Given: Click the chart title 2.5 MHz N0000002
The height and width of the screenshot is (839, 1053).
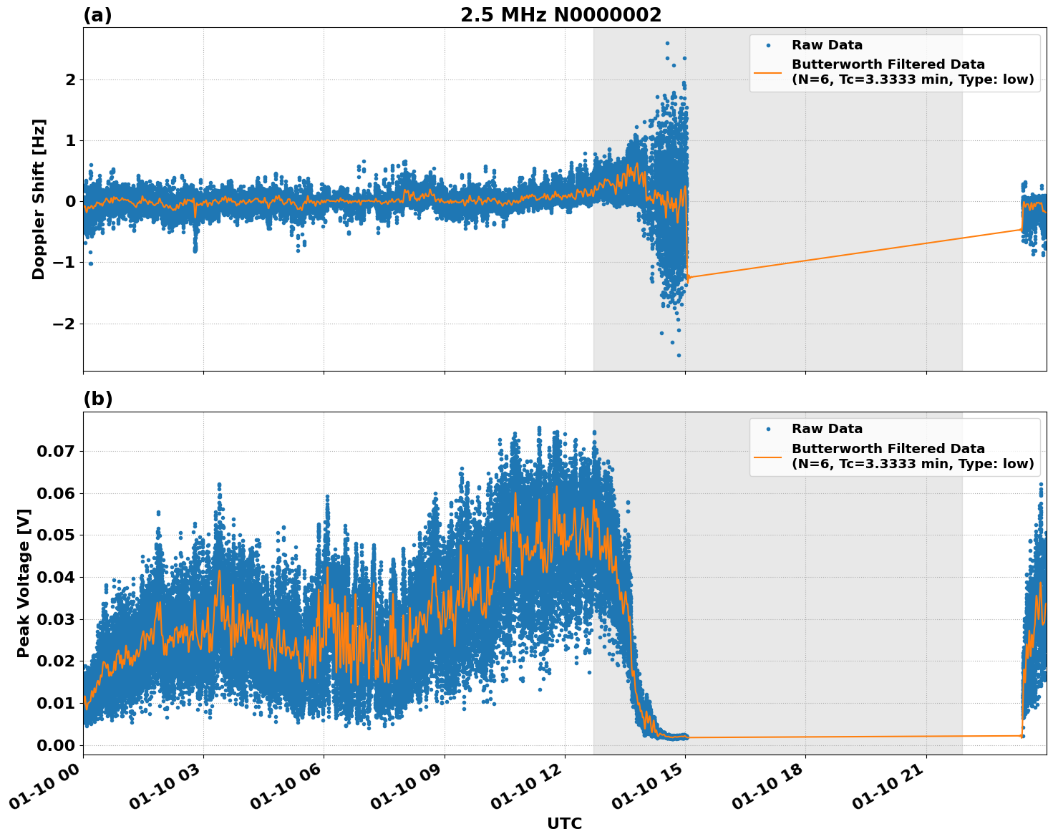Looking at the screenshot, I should [561, 15].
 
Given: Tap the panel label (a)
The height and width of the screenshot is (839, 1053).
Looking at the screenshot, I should [97, 15].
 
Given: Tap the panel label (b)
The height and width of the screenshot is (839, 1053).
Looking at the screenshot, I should [97, 399].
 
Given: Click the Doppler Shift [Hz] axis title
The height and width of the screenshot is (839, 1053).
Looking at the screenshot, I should [39, 199].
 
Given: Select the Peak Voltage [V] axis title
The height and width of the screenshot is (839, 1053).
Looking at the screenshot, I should [24, 583].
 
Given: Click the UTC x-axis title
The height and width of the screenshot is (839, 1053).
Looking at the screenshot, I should [564, 823].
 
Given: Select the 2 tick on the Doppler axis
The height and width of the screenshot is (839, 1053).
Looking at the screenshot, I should [69, 79].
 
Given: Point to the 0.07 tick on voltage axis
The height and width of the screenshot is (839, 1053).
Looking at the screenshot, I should [55, 451].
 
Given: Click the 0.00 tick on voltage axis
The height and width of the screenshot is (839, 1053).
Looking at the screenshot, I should [55, 745].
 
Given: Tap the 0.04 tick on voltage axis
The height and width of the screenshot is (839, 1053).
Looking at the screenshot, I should [55, 577].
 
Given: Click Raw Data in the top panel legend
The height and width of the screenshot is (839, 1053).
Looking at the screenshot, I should [827, 45].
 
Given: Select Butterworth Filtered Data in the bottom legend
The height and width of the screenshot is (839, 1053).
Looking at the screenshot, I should [888, 449].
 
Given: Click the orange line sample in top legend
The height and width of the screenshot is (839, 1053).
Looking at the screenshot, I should [768, 72].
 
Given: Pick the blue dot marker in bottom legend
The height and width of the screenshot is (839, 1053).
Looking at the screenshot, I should [768, 429].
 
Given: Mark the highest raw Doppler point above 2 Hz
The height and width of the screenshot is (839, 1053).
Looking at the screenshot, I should [667, 43].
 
